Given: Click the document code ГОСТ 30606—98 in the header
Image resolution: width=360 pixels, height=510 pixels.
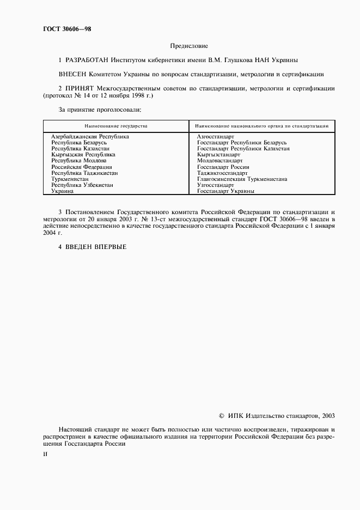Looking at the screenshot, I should [x=68, y=29].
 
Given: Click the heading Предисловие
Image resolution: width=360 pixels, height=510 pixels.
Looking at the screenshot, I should [x=189, y=46].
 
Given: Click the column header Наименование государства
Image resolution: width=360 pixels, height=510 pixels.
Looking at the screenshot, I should [x=115, y=126].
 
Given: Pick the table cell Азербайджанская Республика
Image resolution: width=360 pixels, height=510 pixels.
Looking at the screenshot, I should [x=90, y=137].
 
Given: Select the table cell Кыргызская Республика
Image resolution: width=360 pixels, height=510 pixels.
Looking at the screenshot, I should [x=83, y=155].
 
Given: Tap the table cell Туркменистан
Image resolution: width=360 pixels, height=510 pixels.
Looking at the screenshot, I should [x=71, y=179].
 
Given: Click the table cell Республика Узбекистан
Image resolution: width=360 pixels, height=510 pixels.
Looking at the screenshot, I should [x=82, y=185].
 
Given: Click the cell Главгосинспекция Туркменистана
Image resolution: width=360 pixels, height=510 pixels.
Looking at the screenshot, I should [x=242, y=179].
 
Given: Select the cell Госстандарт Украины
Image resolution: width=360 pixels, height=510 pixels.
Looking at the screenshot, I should [x=225, y=191].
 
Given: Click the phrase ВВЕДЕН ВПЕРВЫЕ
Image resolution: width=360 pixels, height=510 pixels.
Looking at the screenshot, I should [x=96, y=247].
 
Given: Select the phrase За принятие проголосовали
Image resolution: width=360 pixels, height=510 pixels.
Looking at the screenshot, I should [x=100, y=109].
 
